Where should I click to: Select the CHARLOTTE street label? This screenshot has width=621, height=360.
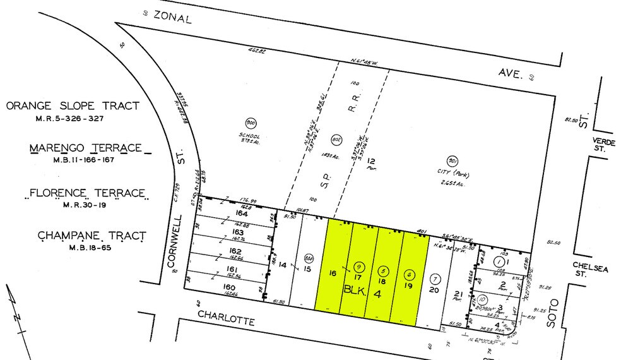coord(226,317)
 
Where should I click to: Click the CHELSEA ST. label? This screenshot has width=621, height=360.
coord(590,270)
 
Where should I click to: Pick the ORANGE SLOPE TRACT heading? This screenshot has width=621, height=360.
coord(73,106)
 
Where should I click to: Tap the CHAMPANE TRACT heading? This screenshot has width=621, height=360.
coord(92,236)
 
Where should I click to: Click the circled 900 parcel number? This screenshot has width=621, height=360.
coord(249,123)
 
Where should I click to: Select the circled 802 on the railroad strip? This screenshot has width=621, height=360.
coord(335,140)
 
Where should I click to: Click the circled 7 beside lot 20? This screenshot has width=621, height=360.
coord(434,279)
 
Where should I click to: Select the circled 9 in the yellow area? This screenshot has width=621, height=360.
coord(360,266)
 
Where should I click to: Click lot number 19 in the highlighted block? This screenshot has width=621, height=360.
coord(408,285)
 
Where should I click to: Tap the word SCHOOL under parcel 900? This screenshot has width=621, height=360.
coord(249,136)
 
